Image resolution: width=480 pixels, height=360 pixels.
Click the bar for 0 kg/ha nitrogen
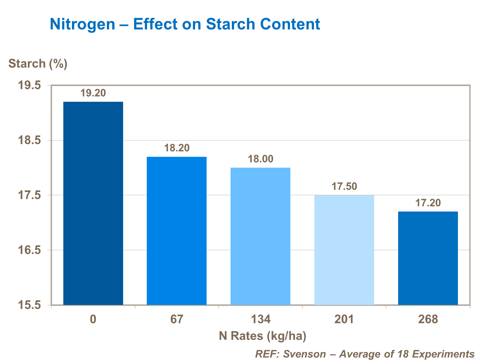pos(93,203)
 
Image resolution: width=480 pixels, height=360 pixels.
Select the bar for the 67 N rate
pos(177,231)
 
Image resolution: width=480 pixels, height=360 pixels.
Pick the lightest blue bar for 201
pos(344,250)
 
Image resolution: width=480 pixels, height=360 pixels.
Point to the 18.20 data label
pos(177,148)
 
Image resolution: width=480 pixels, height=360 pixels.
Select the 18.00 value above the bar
pos(261,159)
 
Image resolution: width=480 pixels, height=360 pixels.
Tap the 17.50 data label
pos(344,186)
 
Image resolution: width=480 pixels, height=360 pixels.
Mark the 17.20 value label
pos(428,203)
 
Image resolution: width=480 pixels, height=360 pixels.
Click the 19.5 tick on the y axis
pos(29,85)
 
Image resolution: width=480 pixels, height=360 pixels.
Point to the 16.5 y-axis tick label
pos(29,250)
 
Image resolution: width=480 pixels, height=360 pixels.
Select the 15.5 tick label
pos(29,305)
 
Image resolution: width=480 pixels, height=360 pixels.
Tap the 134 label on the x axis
pos(260,319)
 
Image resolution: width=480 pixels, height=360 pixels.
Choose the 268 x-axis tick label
pos(428,319)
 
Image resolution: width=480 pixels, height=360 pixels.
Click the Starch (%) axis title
pos(38,63)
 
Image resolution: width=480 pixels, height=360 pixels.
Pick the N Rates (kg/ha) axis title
pos(263,336)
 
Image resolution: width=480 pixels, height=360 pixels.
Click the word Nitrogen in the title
pos(82,24)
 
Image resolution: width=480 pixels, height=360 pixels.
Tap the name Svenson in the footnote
pos(304,354)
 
